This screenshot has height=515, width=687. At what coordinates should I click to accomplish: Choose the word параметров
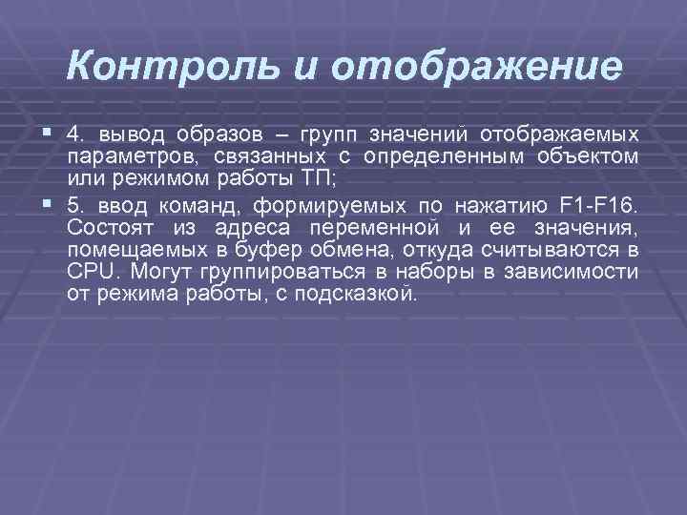120,156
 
